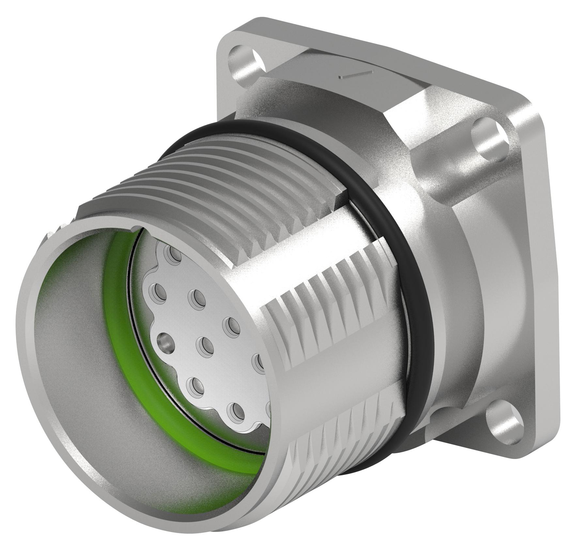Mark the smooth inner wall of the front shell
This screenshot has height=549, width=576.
click(x=72, y=343)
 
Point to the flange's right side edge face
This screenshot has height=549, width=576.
click(x=552, y=261)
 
